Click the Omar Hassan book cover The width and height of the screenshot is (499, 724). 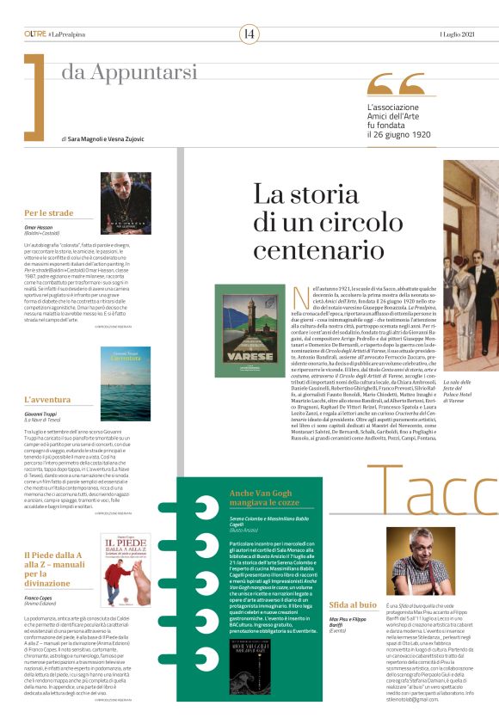125,203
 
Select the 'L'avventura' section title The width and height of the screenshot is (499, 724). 47,400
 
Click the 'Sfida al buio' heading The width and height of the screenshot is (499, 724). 351,580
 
